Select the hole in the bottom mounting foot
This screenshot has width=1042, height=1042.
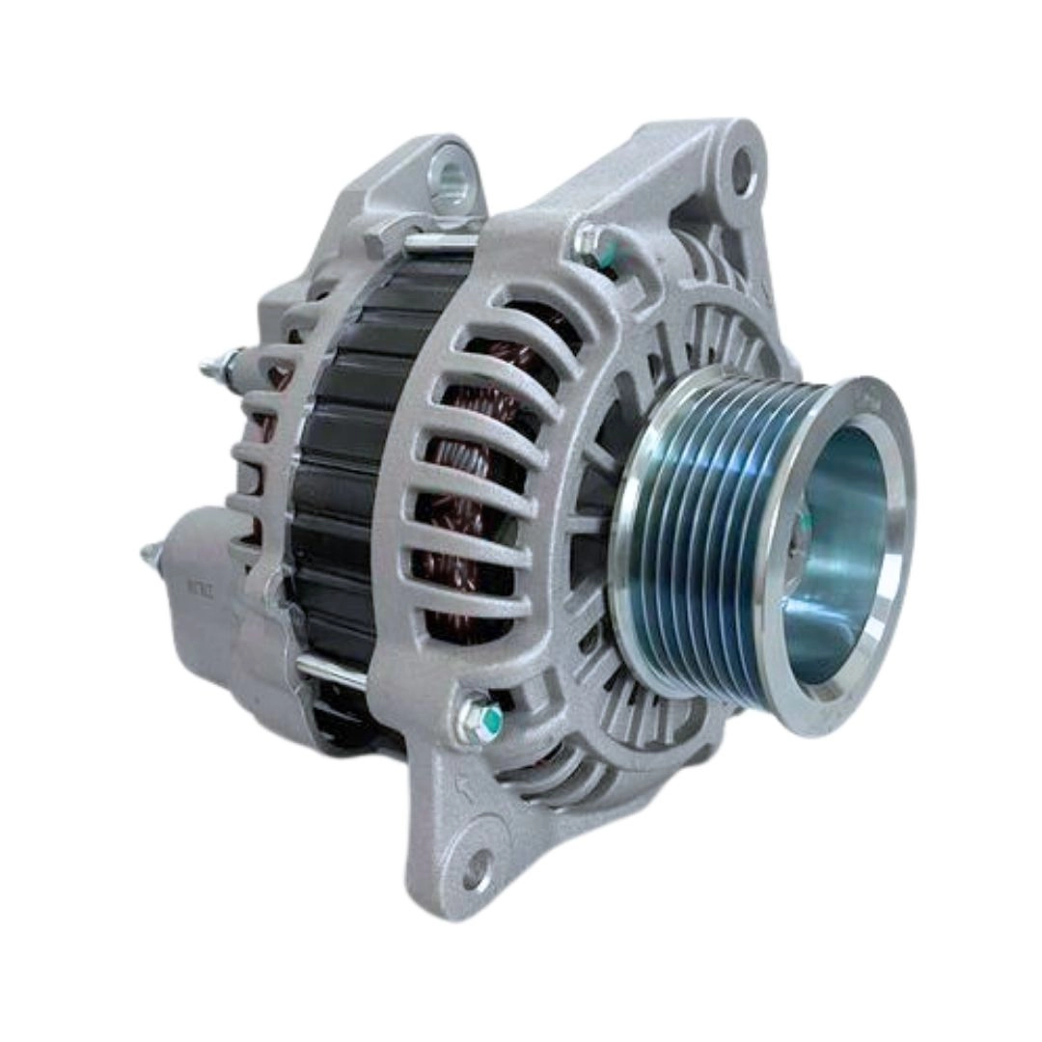(x=475, y=873)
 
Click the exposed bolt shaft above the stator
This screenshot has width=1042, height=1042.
(x=439, y=240)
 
